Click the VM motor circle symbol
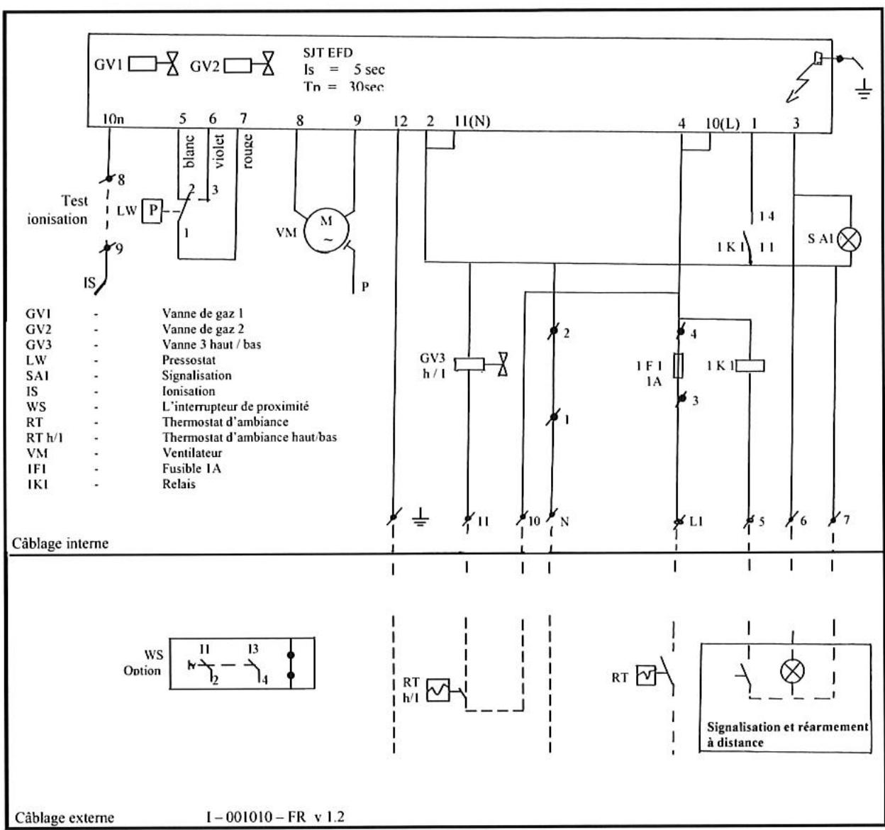pos(326,231)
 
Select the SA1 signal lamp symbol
pos(849,239)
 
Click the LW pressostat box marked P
pos(151,211)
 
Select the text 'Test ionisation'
pos(58,211)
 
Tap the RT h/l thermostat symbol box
pos(437,690)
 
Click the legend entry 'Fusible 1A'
pos(191,469)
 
